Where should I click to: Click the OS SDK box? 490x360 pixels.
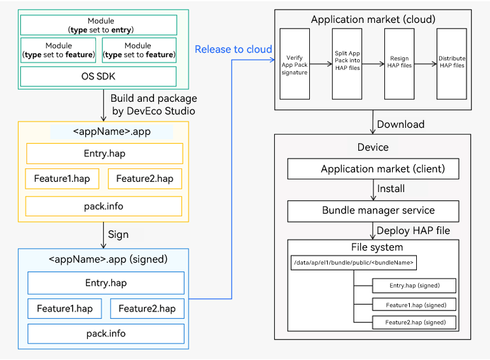coord(98,76)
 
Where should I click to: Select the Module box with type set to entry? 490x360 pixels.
coord(99,25)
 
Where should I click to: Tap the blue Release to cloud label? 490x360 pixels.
coord(233,50)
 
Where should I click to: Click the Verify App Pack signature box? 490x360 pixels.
coord(295,64)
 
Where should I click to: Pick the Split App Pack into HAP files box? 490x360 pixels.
coord(347,64)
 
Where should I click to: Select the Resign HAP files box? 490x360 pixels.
coord(399,64)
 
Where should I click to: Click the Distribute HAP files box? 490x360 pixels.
coord(452,64)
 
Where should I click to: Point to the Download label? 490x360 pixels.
coord(401,124)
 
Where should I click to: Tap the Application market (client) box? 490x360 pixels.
coord(373,169)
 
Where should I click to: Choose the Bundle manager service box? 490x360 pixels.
coord(373,211)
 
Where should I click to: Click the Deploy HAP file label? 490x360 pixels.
coord(413,231)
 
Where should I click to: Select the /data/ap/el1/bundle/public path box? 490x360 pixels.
coord(353,263)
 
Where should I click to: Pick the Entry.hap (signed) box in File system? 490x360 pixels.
coord(414,286)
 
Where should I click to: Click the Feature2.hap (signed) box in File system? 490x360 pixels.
coord(414,322)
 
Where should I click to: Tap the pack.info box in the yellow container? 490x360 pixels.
coord(104,206)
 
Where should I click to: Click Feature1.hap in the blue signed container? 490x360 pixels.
coord(65,308)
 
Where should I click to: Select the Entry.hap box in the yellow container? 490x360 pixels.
coord(104,153)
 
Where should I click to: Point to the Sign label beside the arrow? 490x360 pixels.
coord(118,235)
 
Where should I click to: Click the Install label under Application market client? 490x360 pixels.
coord(391,188)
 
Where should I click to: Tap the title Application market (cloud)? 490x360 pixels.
coord(373,19)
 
